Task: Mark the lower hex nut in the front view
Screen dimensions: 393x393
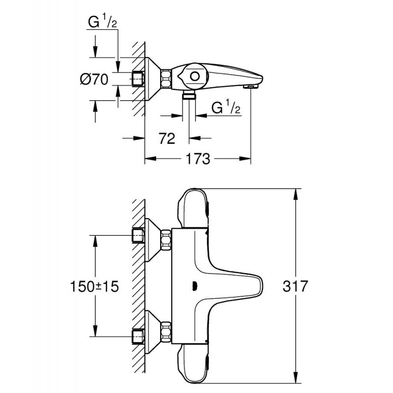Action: click(167, 333)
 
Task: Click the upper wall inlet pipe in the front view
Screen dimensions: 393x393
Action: click(138, 236)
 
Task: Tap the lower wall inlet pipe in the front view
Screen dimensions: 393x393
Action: click(138, 337)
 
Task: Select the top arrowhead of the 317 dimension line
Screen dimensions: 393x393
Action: click(296, 194)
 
